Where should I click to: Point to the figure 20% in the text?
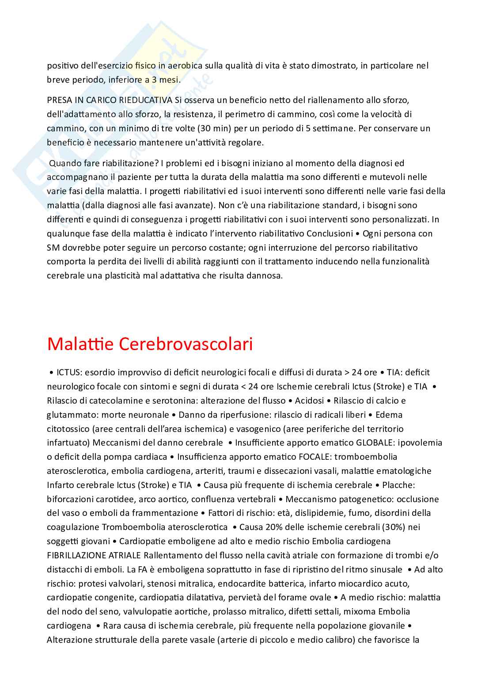point(274,527)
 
